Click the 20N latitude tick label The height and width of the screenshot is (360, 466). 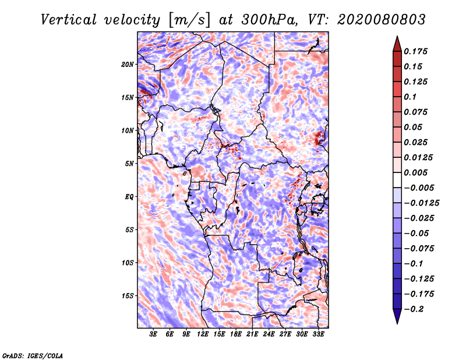click(128, 64)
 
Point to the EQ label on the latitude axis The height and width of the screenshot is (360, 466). click(129, 196)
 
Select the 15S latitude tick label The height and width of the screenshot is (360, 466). click(128, 295)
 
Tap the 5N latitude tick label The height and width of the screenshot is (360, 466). click(129, 163)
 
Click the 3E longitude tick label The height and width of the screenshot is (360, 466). click(154, 334)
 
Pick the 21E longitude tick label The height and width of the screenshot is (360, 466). click(252, 334)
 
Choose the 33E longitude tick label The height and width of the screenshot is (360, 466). click(318, 334)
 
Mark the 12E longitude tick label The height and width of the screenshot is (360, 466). click(203, 334)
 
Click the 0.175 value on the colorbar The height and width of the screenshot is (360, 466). click(416, 51)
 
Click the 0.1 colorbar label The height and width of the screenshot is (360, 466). click(411, 97)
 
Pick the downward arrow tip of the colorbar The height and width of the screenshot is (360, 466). click(396, 322)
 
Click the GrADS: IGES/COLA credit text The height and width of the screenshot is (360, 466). click(32, 355)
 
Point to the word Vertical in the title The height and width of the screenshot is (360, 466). click(68, 19)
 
